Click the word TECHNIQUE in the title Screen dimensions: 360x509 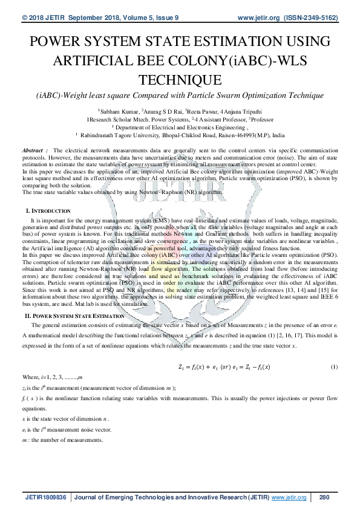[x=180, y=80]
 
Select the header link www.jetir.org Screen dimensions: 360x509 [x=261, y=19]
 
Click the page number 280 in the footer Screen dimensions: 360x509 [x=323, y=498]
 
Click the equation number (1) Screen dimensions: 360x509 [x=333, y=368]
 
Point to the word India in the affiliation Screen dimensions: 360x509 [x=278, y=136]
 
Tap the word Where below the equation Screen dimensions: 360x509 [x=30, y=377]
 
